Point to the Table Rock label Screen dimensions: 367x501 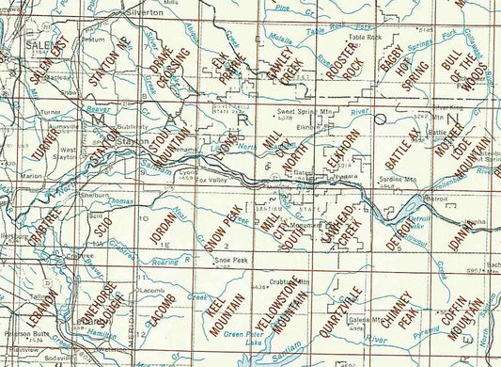(365, 38)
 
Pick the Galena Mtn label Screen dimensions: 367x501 (355, 320)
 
